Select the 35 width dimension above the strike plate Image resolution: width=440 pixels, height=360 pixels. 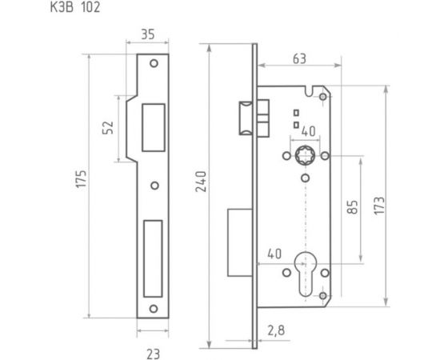(147, 35)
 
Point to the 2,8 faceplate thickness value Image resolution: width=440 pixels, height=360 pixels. (276, 328)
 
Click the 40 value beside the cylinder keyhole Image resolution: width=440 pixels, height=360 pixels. (274, 254)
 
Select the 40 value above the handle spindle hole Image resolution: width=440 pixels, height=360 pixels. (308, 131)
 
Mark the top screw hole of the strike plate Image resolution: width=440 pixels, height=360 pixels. (154, 63)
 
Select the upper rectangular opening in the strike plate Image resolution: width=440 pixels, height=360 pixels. (150, 126)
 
